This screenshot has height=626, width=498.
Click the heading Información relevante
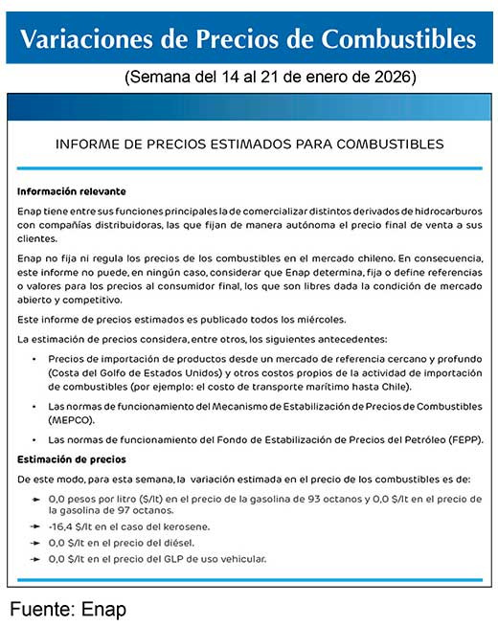click(x=72, y=191)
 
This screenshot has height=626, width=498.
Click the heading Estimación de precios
click(x=72, y=458)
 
